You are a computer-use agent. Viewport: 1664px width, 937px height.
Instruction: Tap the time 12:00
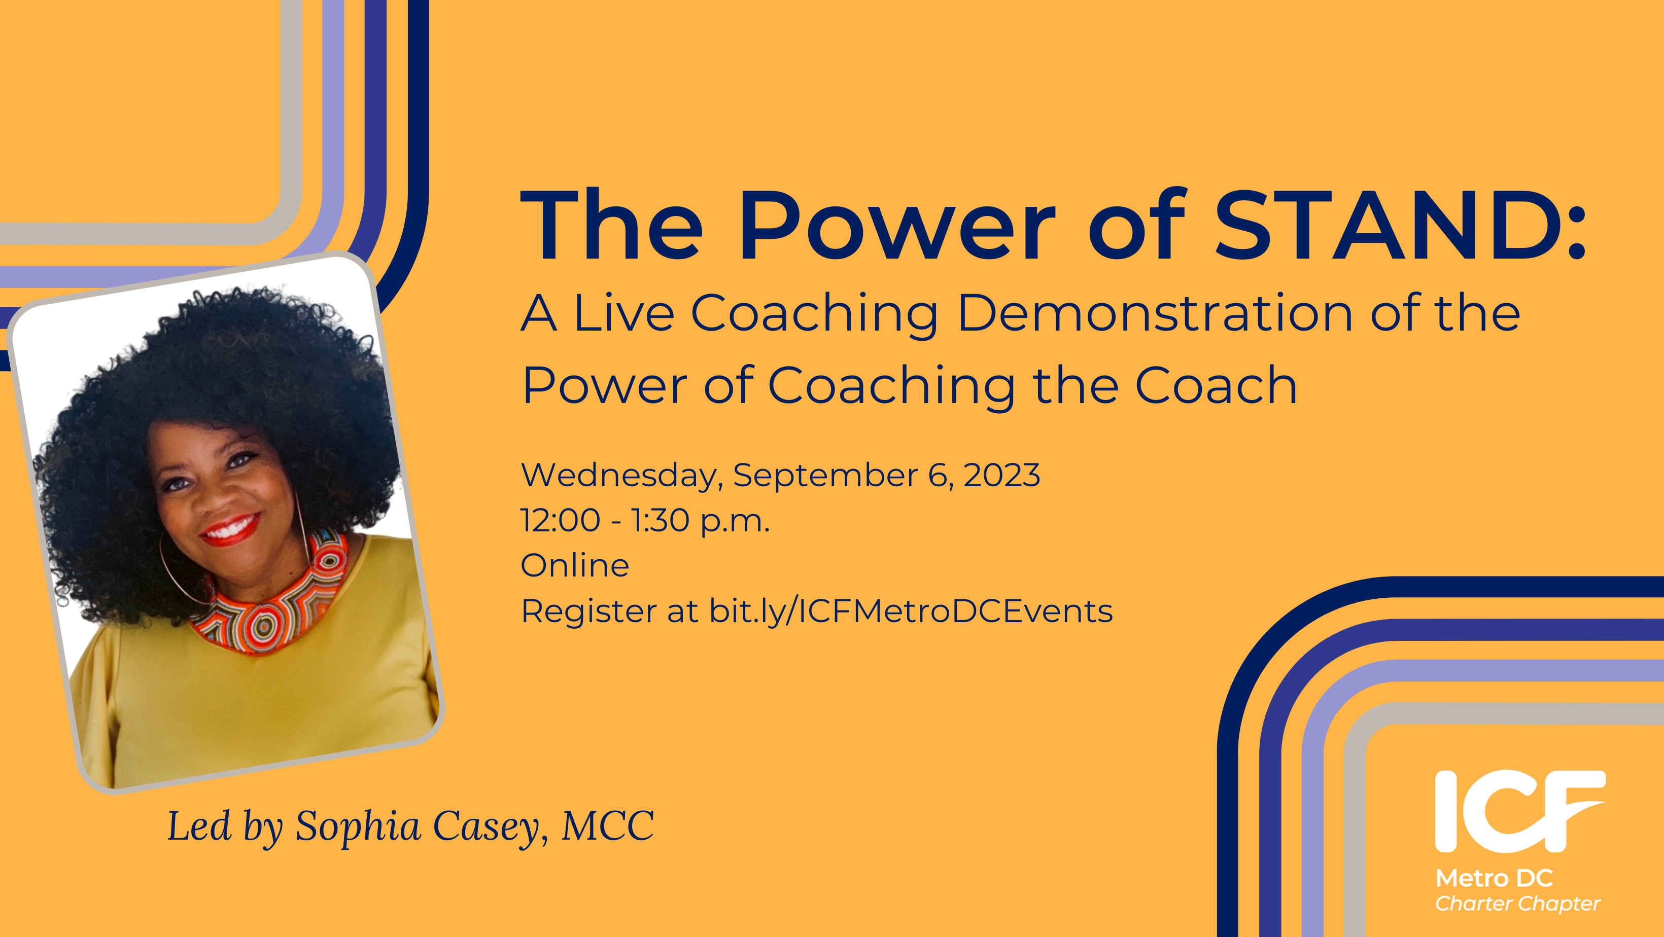[x=560, y=521]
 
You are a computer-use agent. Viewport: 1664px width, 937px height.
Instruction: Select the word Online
[x=575, y=566]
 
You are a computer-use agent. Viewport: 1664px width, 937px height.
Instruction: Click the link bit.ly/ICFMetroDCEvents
[x=911, y=611]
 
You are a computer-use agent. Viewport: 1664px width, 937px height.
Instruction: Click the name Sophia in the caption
[x=359, y=826]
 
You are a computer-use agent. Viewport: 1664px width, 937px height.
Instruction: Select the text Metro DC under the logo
[x=1494, y=878]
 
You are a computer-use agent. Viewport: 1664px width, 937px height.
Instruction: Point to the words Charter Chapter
[x=1517, y=904]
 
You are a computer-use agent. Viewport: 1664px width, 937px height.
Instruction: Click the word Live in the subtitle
[x=623, y=313]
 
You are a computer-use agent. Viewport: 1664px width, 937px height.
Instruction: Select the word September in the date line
[x=825, y=476]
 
